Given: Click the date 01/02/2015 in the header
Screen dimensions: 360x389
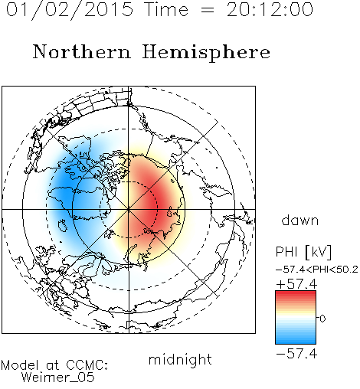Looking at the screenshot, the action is pos(70,10).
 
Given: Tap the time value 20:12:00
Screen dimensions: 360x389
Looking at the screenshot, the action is pos(270,9).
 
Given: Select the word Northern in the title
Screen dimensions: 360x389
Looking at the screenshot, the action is pos(82,52).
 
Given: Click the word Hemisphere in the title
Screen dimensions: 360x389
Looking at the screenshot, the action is pos(206,53).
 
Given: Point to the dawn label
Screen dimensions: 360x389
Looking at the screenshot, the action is pos(300,220).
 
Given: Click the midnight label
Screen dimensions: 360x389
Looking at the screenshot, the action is pos(180,359).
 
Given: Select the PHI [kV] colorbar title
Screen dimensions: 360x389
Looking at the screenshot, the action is pos(303,252).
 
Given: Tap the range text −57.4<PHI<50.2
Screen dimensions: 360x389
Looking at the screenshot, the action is pos(317,270).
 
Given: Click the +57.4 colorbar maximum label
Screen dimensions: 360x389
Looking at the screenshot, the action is pos(296,284).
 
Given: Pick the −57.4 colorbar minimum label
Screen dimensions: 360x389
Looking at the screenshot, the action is pos(296,354).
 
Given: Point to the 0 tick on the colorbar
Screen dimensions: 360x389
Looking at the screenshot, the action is pos(322,319).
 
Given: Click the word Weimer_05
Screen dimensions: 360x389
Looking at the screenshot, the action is pos(58,378).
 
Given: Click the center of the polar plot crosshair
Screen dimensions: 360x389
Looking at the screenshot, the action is pos(129,209).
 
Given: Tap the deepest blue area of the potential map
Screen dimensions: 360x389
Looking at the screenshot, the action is pos(64,189).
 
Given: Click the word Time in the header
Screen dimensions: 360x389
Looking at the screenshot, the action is pos(166,9).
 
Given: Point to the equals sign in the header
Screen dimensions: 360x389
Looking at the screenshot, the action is pos(208,11).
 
